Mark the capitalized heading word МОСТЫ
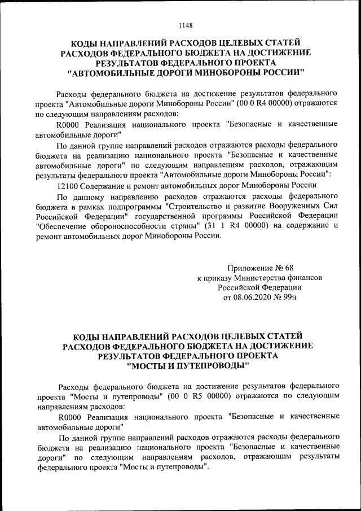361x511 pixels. (x=146, y=366)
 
